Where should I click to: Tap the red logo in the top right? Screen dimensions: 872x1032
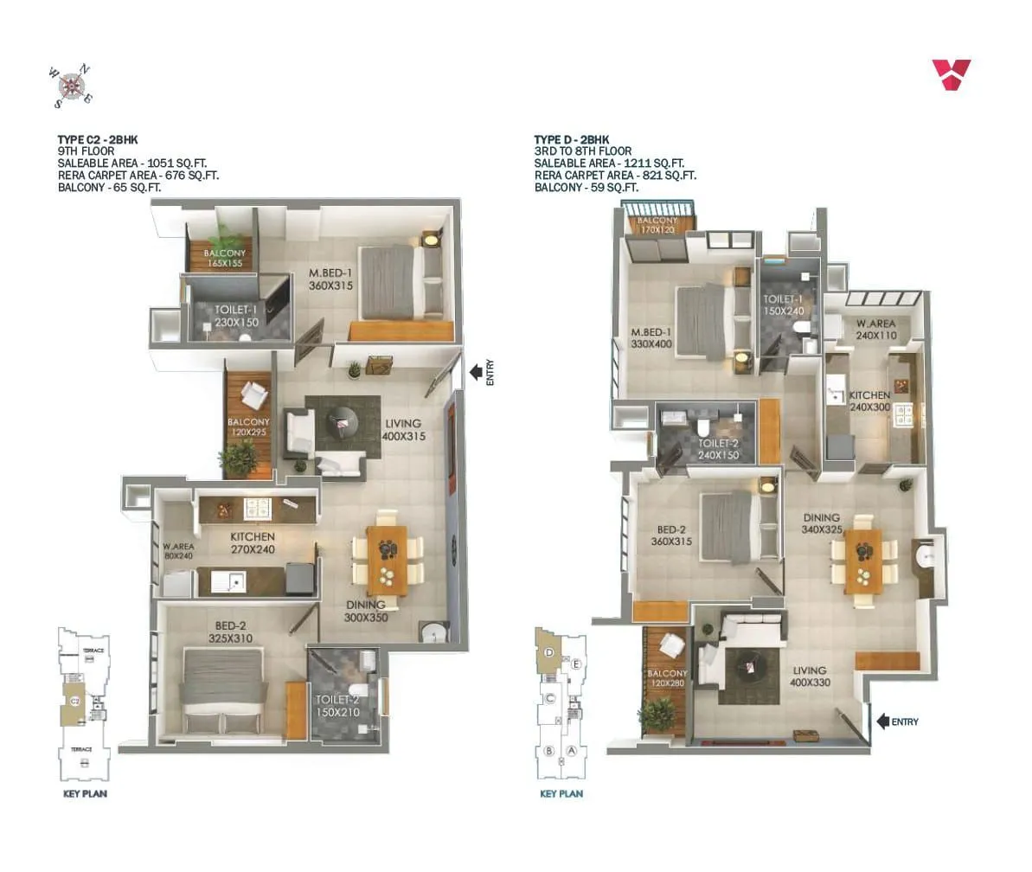click(x=951, y=74)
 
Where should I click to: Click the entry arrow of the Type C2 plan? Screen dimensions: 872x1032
click(x=476, y=372)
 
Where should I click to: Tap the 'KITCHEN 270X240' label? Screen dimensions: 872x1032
click(x=253, y=542)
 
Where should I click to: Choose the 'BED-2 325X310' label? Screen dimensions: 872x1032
click(x=230, y=631)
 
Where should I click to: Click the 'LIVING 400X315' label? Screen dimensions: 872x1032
click(x=403, y=430)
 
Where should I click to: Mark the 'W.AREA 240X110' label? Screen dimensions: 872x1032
click(x=875, y=330)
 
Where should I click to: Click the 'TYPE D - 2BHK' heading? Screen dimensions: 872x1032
click(x=571, y=139)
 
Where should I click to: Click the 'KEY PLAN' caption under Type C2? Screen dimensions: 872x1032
click(x=85, y=793)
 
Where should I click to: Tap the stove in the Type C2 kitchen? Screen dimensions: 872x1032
click(x=256, y=507)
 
